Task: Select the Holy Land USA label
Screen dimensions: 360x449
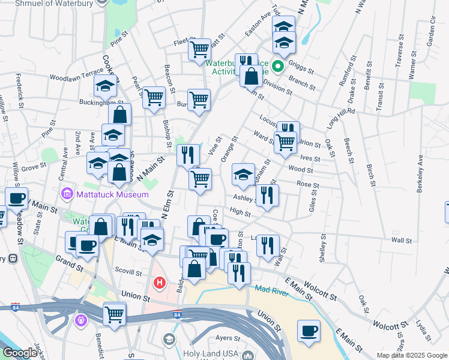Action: [211, 354]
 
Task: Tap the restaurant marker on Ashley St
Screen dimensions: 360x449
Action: [267, 194]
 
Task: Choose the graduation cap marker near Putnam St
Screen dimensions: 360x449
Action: [243, 175]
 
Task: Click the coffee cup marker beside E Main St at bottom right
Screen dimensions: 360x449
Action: [309, 331]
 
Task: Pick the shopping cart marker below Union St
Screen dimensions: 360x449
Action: [114, 313]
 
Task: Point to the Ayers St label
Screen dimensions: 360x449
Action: [228, 338]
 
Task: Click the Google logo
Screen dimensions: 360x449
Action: [20, 353]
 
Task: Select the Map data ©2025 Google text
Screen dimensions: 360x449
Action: [412, 355]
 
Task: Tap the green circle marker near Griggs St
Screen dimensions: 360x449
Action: [278, 66]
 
